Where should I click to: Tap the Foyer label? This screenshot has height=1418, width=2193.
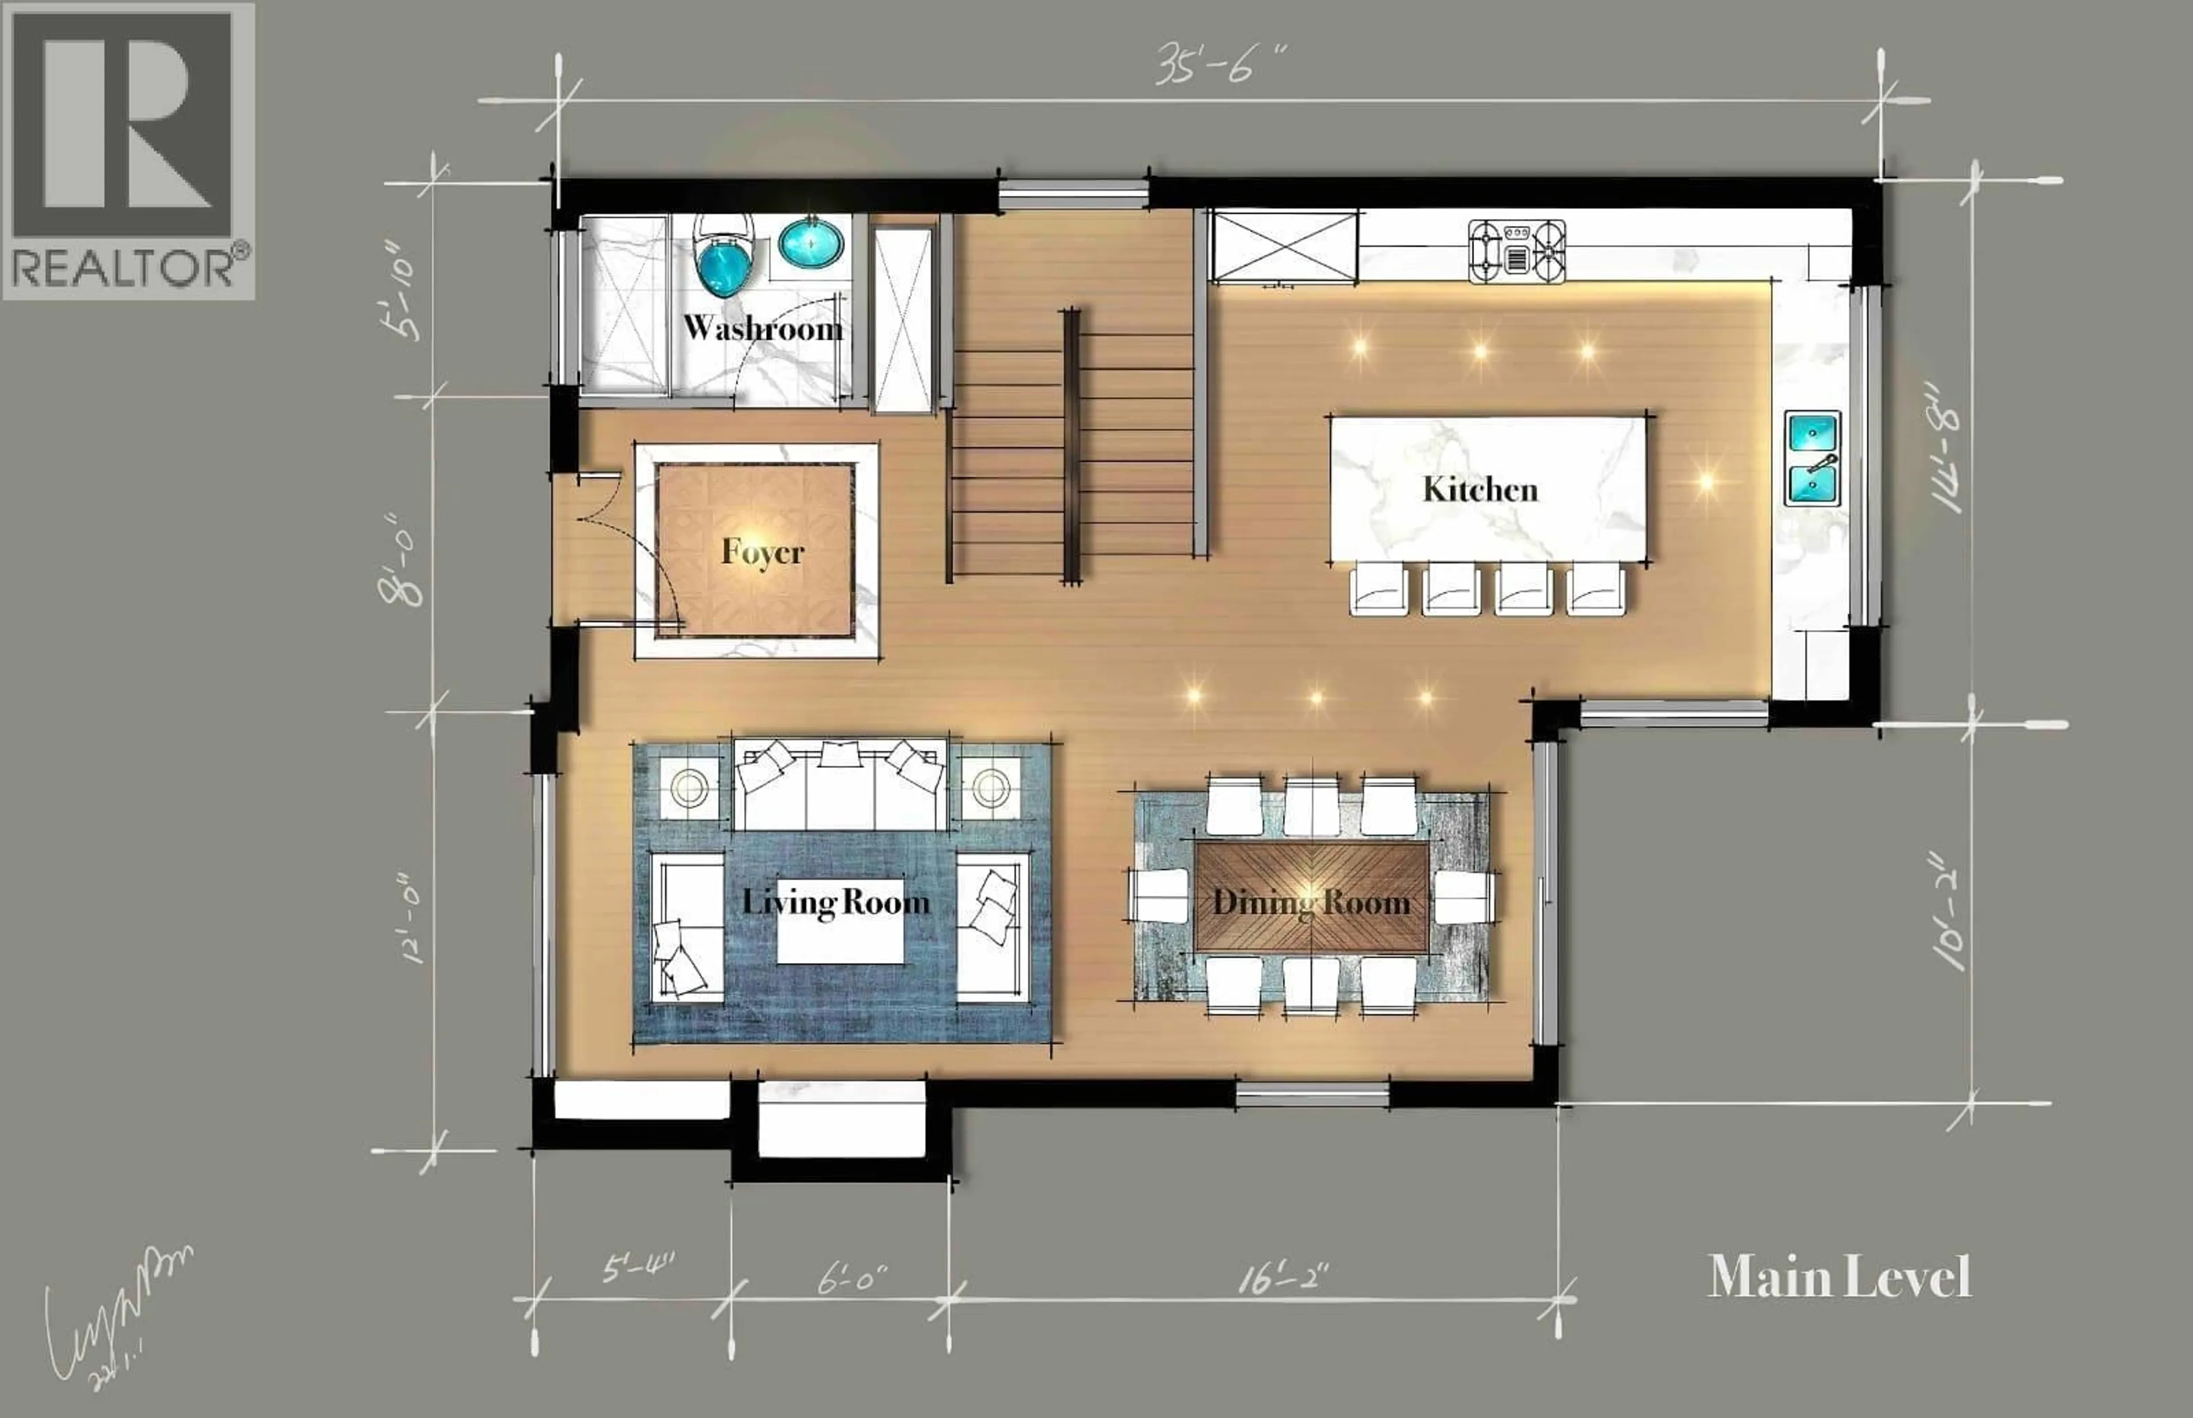pos(762,553)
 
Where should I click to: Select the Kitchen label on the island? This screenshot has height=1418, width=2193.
pos(1480,489)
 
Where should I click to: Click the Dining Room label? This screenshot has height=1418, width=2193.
pos(1311,903)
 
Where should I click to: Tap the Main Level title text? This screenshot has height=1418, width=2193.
pos(1839,1277)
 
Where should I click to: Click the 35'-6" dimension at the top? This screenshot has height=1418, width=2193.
pos(1219,66)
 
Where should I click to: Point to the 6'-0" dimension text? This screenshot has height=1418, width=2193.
pos(852,1278)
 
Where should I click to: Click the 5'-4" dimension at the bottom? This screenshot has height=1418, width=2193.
pos(637,1269)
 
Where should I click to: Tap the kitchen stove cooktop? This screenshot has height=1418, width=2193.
pos(1517,251)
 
